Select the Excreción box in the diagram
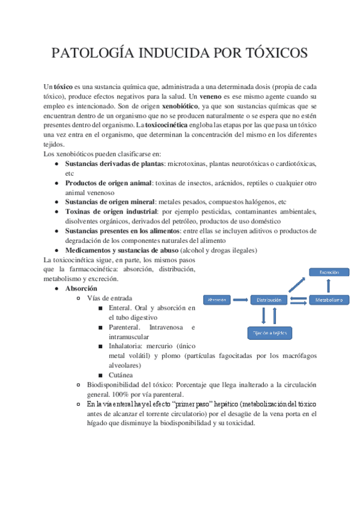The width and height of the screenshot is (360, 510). [x=329, y=272]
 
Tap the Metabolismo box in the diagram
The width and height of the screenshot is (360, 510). [x=329, y=300]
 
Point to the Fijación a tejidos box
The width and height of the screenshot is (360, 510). [x=269, y=332]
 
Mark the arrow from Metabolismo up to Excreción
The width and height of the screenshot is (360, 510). [x=329, y=286]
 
